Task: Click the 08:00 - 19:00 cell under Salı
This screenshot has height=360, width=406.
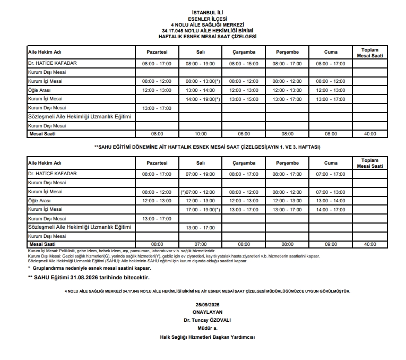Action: coord(200,64)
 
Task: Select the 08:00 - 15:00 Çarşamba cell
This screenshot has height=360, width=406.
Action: coord(244,64)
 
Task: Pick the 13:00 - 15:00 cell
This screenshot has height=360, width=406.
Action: coord(244,99)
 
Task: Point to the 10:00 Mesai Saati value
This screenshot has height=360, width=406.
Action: coord(200,134)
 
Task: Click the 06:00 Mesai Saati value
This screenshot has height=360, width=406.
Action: coord(244,134)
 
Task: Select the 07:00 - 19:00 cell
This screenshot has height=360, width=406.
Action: coord(200,174)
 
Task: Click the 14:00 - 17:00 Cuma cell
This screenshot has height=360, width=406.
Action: coord(331,210)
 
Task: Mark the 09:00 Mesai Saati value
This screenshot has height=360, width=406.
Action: coord(331,244)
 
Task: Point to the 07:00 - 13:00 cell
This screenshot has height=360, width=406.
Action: coord(331,192)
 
